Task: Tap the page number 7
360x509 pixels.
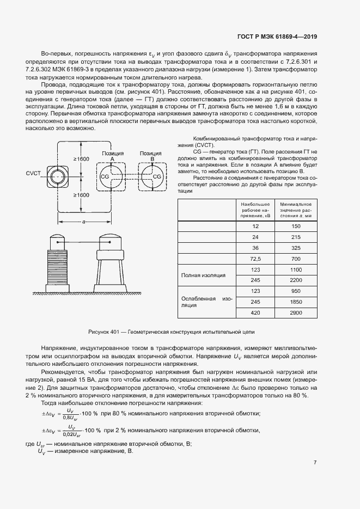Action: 315,463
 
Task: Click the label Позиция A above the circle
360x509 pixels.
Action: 112,156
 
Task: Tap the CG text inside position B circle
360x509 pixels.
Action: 157,177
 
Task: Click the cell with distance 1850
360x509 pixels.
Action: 296,301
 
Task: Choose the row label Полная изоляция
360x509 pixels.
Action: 203,275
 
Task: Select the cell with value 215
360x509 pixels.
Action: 296,236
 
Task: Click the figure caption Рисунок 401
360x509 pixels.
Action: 172,332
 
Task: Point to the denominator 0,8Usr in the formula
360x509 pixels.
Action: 69,418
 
